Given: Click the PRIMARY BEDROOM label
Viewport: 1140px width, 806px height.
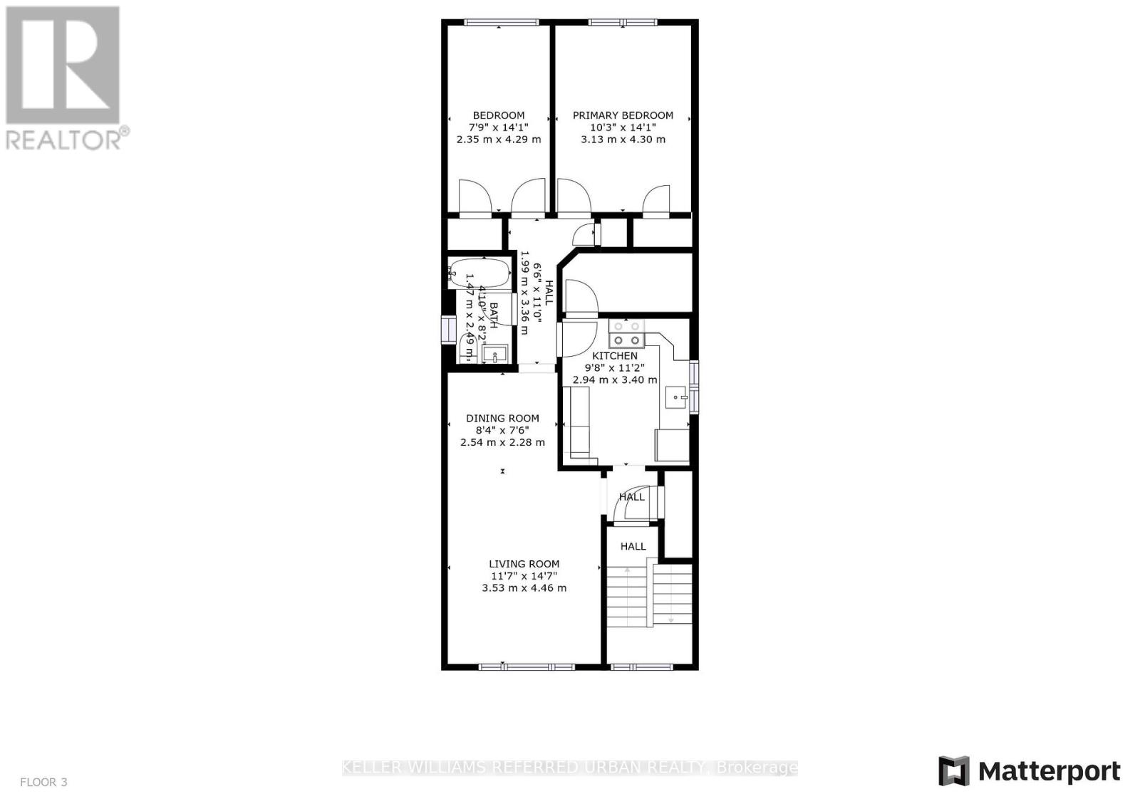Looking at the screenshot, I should pos(623,115).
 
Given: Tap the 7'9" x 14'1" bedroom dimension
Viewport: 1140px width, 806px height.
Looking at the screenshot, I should pos(498,127).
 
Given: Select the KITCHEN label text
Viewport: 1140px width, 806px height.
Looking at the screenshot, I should pos(615,356).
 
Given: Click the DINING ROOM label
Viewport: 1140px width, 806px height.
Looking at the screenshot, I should pos(502,419).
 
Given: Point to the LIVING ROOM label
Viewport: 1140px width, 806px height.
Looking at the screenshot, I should pos(524,564).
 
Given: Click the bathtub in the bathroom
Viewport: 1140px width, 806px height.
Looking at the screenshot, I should pos(479,272).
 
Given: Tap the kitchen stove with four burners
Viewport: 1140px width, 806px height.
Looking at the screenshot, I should pos(626,334).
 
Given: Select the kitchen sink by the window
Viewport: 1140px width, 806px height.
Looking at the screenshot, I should pos(677,397).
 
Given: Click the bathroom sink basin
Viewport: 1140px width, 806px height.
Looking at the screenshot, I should pos(494,353).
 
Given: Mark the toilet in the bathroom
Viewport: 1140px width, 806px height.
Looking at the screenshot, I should pos(469,347).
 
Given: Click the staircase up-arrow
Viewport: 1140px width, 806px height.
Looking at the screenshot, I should pos(627,570).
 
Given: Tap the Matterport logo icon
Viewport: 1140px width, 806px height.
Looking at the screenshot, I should pos(953,771).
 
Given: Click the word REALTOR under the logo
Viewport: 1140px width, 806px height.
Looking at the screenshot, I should pos(64,140).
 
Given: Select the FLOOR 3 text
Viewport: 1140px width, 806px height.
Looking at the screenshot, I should pos(43,782).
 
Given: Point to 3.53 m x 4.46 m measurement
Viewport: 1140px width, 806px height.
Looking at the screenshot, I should pos(524,588).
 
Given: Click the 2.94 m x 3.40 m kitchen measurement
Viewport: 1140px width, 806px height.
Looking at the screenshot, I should pos(615,380).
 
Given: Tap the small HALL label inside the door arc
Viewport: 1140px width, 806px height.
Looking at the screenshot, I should pos(631,497).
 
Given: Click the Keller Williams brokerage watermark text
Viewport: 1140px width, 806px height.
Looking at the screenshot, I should pos(569,768).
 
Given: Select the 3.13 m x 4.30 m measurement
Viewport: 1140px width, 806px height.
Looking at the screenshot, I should pos(623,140).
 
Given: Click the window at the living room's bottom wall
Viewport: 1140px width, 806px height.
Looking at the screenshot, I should pos(526,667).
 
